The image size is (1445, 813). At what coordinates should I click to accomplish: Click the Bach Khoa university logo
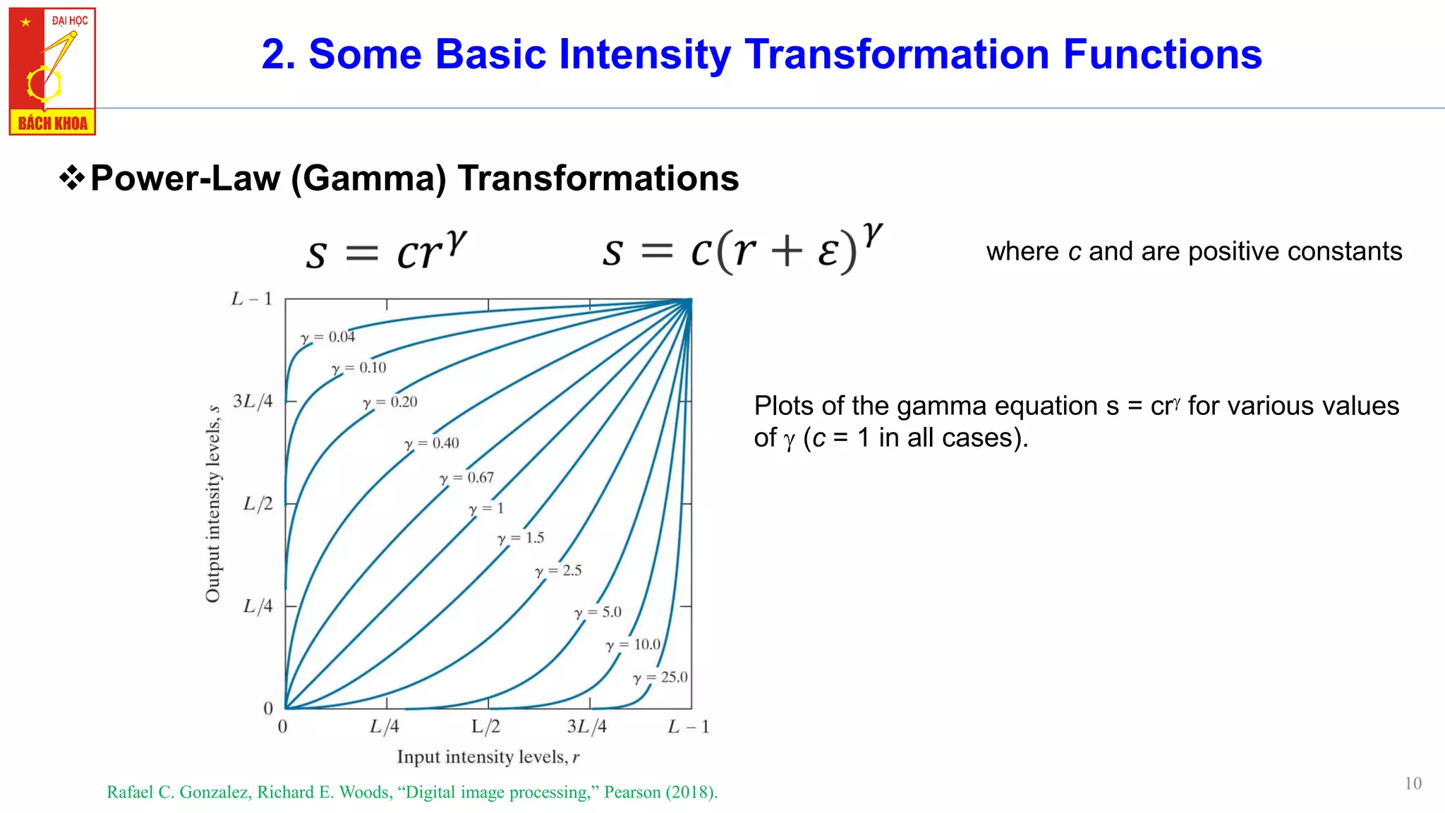coord(52,71)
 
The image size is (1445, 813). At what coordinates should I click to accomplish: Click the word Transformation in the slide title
coord(897,54)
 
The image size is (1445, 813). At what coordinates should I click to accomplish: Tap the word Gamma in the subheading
coord(369,179)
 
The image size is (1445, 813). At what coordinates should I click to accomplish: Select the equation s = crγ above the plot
coord(387,251)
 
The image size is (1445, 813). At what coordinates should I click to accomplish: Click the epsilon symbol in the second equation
coord(828,252)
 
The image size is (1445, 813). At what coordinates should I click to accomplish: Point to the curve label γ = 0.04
coord(328,337)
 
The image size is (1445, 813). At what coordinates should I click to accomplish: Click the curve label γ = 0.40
coord(432,443)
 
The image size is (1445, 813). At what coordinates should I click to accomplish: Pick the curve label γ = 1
coord(487,509)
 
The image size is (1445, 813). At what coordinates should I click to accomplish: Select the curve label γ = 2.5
coord(558,570)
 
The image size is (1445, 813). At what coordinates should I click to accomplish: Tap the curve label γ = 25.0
coord(660,677)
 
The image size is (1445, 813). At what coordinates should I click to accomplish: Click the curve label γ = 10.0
coord(634,644)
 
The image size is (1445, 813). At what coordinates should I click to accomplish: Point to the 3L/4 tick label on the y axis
coord(253,402)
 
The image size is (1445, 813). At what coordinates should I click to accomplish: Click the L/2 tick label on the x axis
coord(485,726)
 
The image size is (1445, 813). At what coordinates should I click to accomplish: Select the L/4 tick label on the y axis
coord(258,606)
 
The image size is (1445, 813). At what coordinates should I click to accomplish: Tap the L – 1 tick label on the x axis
coord(688,726)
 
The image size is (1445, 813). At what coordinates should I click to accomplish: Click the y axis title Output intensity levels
coord(213,504)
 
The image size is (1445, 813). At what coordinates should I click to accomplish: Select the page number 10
coord(1413,783)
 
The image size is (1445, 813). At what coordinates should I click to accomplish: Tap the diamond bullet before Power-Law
coord(72,179)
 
